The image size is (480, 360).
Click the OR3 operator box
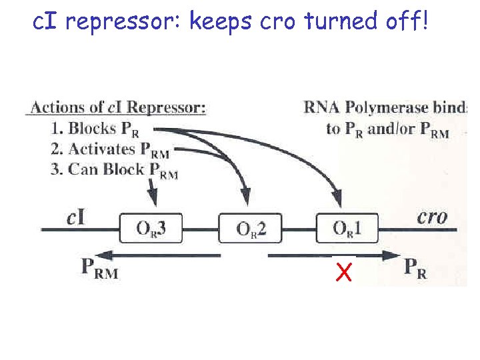pyautogui.click(x=151, y=229)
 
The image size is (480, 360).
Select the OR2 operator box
pyautogui.click(x=251, y=229)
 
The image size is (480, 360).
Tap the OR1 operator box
pyautogui.click(x=347, y=229)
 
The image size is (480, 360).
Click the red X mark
pyautogui.click(x=344, y=272)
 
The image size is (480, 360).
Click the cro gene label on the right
pyautogui.click(x=431, y=216)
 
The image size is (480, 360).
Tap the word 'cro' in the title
pyautogui.click(x=277, y=23)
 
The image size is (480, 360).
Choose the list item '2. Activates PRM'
pyautogui.click(x=110, y=149)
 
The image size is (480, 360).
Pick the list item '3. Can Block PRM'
pyautogui.click(x=114, y=169)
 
